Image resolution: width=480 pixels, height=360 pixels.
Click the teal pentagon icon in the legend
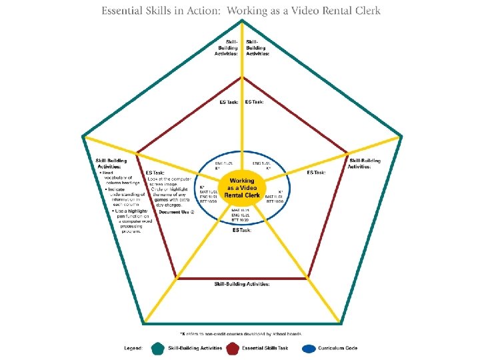click(157, 347)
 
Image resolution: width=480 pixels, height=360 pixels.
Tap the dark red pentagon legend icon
click(233, 347)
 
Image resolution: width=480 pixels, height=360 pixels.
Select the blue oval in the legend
click(308, 347)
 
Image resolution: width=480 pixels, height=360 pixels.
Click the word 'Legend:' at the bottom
click(134, 348)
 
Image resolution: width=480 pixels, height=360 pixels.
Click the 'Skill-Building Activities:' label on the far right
click(365, 163)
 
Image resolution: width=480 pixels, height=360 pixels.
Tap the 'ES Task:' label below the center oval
click(242, 230)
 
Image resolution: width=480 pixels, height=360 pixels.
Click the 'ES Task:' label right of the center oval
click(316, 173)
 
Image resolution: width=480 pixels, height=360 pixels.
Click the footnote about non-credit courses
click(241, 333)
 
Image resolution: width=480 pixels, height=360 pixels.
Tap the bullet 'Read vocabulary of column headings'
click(120, 178)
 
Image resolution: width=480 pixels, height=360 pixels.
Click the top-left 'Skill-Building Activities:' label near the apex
click(227, 48)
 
